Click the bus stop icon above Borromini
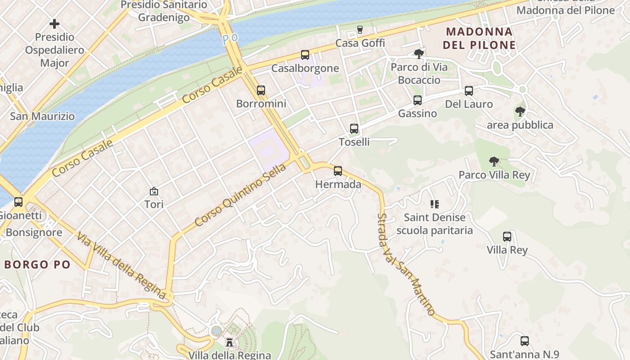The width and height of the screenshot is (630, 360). [x=261, y=90]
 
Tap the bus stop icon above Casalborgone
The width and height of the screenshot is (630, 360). [x=305, y=55]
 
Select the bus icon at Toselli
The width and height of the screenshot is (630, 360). [x=354, y=129]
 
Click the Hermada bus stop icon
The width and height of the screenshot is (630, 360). [x=338, y=171]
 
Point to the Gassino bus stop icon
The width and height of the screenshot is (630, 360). [x=418, y=100]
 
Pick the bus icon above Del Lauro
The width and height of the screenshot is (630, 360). [x=469, y=91]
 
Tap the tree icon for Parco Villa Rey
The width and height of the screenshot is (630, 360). [x=494, y=162]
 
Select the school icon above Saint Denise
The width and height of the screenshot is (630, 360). [x=434, y=204]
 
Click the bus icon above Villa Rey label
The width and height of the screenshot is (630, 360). [x=507, y=237]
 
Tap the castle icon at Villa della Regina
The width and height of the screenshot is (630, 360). [x=229, y=342]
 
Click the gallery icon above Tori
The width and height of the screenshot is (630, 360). [x=154, y=191]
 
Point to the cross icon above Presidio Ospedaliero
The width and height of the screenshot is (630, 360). [x=54, y=24]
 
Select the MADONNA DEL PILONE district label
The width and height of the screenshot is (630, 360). [x=479, y=38]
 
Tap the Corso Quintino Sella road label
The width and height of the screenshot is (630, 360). [x=240, y=195]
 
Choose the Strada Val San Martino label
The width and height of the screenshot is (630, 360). [x=406, y=265]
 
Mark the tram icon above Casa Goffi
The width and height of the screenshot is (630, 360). [x=360, y=30]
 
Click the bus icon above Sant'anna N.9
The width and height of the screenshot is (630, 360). [x=525, y=341]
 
